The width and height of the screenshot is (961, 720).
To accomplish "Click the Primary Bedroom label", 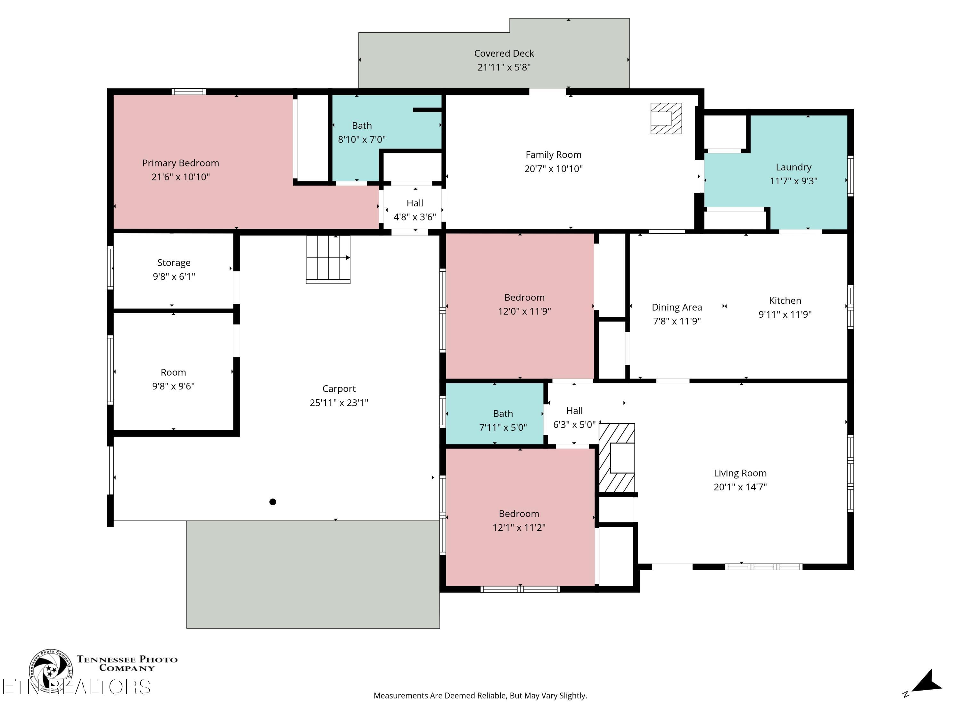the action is pyautogui.click(x=181, y=163).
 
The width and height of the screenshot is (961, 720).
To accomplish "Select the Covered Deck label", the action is pyautogui.click(x=504, y=53).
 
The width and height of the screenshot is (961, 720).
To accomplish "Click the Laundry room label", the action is pyautogui.click(x=793, y=167).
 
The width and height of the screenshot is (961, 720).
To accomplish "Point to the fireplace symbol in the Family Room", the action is pyautogui.click(x=666, y=118).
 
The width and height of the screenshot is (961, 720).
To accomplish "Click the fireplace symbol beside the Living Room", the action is pyautogui.click(x=617, y=458).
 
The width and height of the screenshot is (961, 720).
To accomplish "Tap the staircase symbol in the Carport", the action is pyautogui.click(x=328, y=260).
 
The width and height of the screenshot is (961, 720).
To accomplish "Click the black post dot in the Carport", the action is pyautogui.click(x=273, y=502).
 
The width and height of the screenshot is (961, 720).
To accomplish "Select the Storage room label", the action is pyautogui.click(x=174, y=263).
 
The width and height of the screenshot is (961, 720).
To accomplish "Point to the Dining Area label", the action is pyautogui.click(x=677, y=307).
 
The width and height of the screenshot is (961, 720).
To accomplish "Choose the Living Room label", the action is pyautogui.click(x=740, y=473).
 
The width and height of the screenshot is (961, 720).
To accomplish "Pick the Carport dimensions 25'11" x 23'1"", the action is pyautogui.click(x=339, y=403).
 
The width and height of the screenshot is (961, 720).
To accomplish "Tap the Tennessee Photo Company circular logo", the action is pyautogui.click(x=51, y=670).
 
